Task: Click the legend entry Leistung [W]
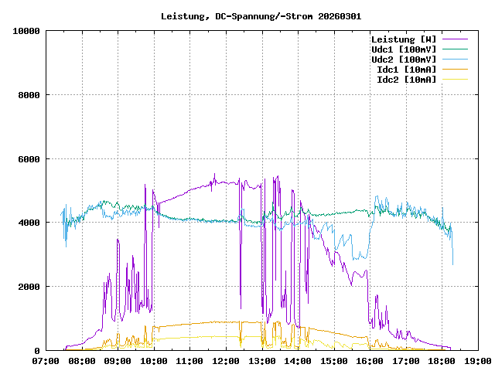pos(403,39)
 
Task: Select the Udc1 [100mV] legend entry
pos(403,49)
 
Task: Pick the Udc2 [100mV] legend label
pos(403,60)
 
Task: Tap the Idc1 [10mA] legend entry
pos(406,70)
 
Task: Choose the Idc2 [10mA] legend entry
pos(406,80)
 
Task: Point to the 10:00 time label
pos(154,360)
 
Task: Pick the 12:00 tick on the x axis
pos(226,360)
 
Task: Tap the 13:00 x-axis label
pos(262,360)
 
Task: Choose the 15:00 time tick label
pos(334,360)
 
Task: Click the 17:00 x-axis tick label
pos(406,360)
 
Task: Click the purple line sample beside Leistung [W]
pos(455,39)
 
